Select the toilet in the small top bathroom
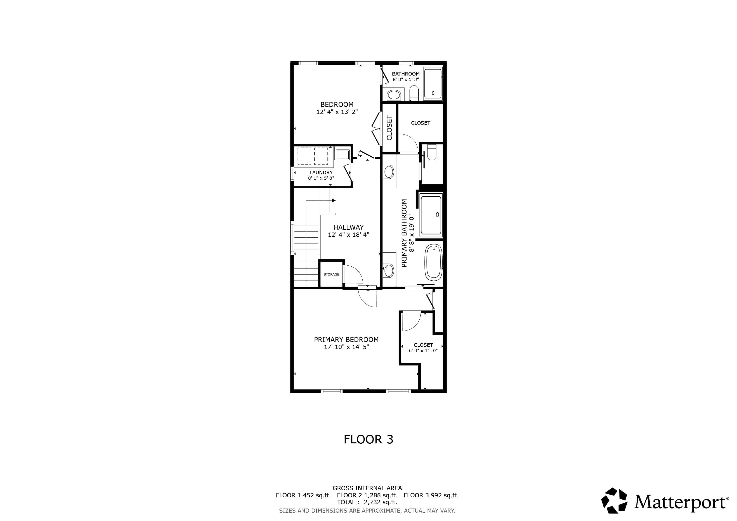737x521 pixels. [x=414, y=93]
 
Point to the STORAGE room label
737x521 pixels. [x=331, y=274]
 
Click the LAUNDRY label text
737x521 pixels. [x=321, y=172]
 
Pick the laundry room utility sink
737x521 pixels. [x=343, y=155]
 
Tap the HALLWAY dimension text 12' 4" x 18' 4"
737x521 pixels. [x=348, y=235]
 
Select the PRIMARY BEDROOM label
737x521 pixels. [x=346, y=340]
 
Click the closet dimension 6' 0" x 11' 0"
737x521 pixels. [x=423, y=351]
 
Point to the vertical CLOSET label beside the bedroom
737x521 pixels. [x=389, y=128]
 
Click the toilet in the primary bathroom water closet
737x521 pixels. [x=432, y=152]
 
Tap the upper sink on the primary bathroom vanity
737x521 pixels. [x=389, y=172]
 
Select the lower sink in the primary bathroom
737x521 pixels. [x=389, y=270]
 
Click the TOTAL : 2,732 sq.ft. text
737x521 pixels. [x=367, y=502]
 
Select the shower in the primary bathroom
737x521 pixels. [x=431, y=215]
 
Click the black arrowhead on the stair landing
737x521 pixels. [x=334, y=200]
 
